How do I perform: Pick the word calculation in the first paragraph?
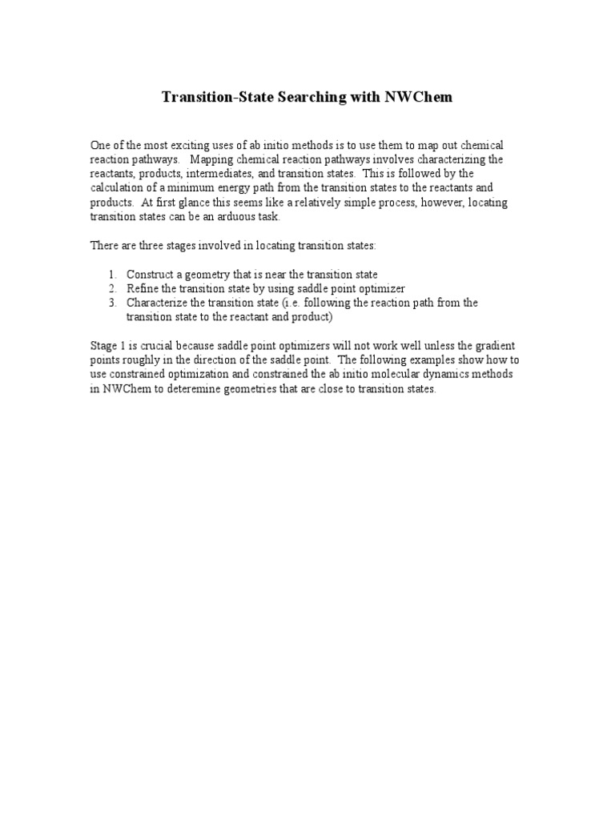pos(115,188)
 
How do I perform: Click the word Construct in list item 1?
pos(150,274)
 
